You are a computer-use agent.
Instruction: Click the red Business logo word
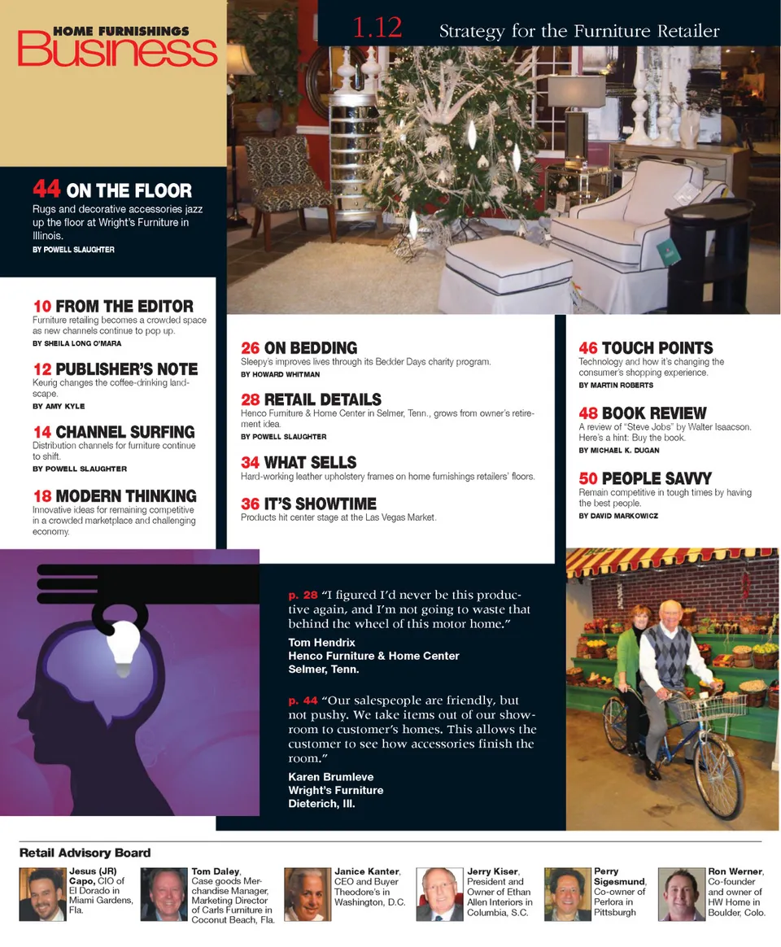click(x=117, y=51)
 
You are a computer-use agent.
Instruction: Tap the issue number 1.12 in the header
click(x=377, y=28)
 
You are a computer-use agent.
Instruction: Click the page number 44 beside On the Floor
click(x=46, y=189)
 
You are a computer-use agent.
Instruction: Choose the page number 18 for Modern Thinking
click(x=42, y=496)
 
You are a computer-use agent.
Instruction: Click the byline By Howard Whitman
click(x=280, y=374)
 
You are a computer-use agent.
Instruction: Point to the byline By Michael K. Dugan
click(x=618, y=450)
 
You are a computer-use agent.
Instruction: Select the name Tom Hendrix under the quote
click(x=321, y=643)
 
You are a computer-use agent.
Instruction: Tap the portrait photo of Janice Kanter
click(x=307, y=894)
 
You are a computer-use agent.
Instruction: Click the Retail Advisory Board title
click(x=85, y=853)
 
